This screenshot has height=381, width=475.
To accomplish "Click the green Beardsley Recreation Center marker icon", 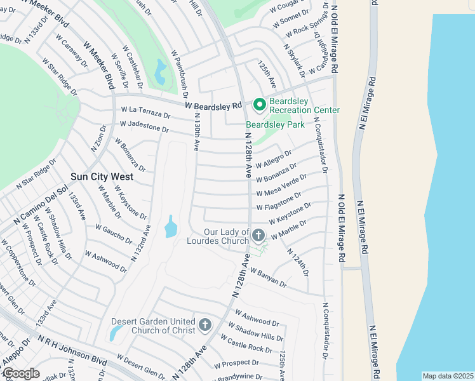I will (x=258, y=104).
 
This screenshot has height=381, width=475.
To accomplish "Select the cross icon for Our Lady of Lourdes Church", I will (x=258, y=236).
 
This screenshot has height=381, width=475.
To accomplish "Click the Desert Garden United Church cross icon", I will (x=204, y=326).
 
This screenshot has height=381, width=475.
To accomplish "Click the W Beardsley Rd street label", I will (x=214, y=105).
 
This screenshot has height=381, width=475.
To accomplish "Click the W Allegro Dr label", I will (x=274, y=159).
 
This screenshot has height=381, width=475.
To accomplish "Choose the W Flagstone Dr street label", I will (x=279, y=202).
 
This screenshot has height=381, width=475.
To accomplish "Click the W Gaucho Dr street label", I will (x=114, y=234).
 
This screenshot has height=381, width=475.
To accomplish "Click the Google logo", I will (x=21, y=373).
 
